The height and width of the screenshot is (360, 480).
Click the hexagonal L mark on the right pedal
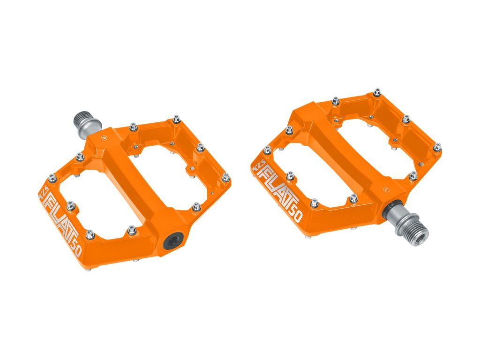[x=386, y=189]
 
